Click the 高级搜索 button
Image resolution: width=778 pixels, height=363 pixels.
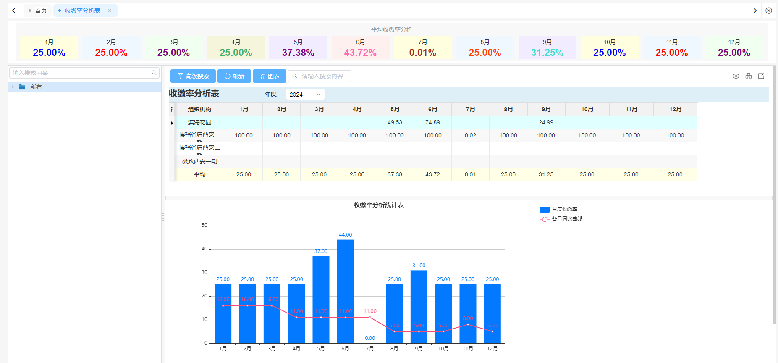tap(193, 76)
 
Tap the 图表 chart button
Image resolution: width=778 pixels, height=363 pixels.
tap(270, 76)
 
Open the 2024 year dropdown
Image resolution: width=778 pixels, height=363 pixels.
tap(305, 95)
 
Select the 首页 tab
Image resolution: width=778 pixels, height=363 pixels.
tap(38, 11)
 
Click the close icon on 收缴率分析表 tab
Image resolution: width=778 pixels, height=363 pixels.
tap(110, 11)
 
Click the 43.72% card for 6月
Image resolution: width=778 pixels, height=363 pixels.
tap(360, 48)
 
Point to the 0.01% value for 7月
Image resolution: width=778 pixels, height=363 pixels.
tap(422, 53)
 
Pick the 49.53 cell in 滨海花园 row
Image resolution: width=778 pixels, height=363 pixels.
tap(395, 122)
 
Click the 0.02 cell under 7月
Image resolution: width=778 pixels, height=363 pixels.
tap(470, 135)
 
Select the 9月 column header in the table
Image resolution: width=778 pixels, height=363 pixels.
tap(546, 109)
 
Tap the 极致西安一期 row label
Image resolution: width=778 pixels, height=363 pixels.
tap(199, 161)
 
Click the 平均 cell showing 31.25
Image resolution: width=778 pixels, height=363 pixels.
tap(546, 174)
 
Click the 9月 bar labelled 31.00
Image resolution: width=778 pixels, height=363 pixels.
tap(419, 307)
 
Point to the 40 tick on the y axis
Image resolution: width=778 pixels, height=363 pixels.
tap(204, 249)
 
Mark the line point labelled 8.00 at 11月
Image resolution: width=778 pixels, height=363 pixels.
tap(468, 324)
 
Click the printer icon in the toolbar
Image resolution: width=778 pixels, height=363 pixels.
tap(749, 76)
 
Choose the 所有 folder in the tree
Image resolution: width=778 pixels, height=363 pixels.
tap(36, 87)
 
